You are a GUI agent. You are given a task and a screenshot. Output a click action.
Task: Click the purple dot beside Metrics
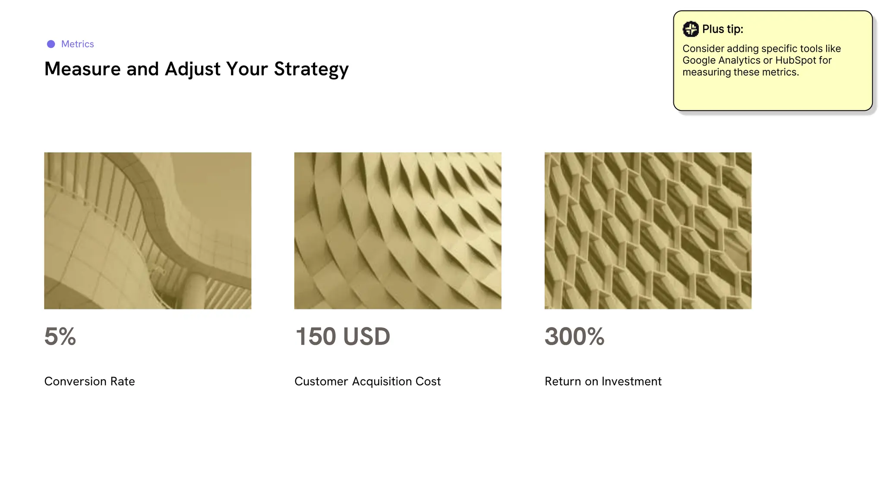pos(51,44)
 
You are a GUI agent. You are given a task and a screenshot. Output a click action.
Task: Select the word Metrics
pos(78,44)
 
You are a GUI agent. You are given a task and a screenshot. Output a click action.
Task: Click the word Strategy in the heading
pos(311,69)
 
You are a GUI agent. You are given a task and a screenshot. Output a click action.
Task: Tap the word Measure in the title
pos(82,69)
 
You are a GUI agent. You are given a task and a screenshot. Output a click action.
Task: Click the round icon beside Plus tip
pos(691,29)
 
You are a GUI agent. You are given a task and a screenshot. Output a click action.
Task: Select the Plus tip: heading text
pos(723,29)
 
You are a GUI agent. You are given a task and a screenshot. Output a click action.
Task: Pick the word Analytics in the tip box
pos(739,60)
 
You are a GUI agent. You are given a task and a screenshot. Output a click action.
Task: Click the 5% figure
pos(60,337)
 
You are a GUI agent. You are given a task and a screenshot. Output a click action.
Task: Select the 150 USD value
pos(343,337)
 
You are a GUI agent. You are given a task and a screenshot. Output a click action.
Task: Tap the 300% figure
pos(575,337)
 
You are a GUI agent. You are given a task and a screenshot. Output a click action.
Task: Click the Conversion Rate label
pos(89,381)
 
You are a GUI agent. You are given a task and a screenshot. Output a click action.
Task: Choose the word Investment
pos(631,381)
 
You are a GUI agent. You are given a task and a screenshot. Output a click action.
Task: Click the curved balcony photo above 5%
pos(148,230)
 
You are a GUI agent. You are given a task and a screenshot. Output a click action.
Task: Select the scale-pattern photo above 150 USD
pos(398,230)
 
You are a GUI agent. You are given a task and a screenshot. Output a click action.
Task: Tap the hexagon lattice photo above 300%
pos(648,230)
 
